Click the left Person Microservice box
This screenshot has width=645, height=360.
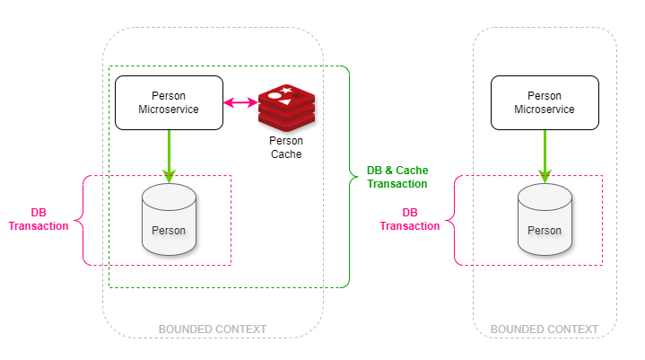coord(169,102)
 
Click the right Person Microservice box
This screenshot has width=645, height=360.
coord(544,102)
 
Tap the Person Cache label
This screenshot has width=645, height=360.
coord(286,147)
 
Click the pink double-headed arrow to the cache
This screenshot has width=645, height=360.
coord(240,103)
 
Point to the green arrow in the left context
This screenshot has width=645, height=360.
coord(168,155)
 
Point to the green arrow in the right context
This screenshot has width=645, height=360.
coord(544,155)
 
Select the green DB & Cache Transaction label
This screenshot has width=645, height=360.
coord(397,177)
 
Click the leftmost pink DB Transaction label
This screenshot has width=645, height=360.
coord(39,219)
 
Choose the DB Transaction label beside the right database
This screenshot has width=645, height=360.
coord(410,219)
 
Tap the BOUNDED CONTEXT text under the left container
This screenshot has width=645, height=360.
coord(213,329)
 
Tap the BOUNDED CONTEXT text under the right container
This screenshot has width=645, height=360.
coord(545,329)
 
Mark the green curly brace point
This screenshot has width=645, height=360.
coord(357,177)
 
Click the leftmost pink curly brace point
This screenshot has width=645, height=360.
coord(75,219)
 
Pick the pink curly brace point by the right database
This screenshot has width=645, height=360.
coord(447,219)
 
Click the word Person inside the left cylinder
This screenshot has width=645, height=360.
coord(169,230)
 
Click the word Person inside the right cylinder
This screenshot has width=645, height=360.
coord(544,230)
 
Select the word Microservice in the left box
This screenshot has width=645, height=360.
coord(169,110)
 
